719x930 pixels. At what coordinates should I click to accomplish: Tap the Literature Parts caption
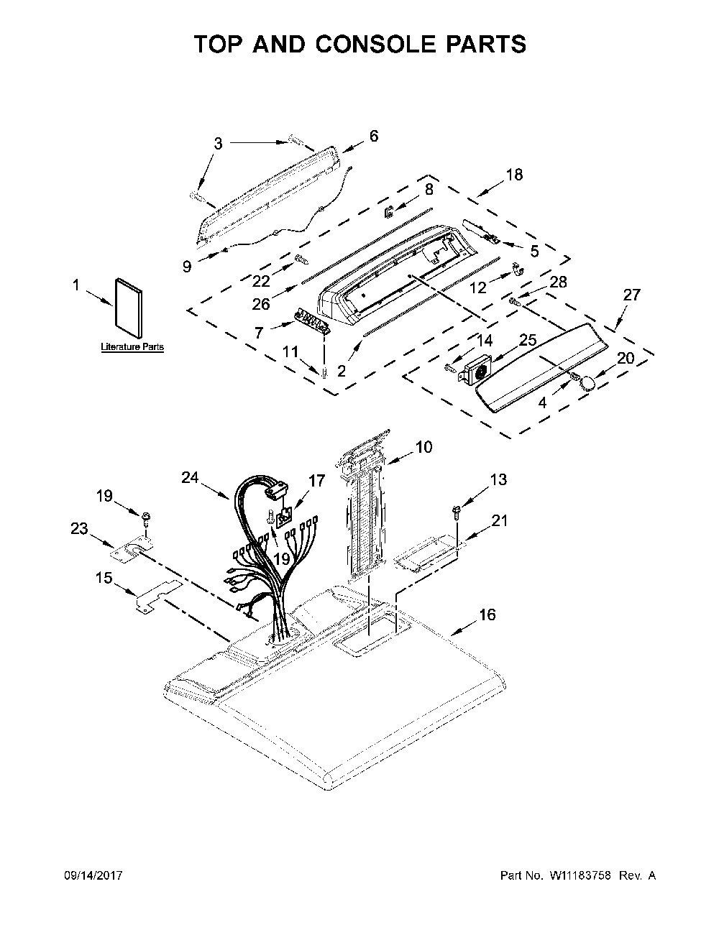(132, 346)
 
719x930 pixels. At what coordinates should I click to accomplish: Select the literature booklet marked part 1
(129, 308)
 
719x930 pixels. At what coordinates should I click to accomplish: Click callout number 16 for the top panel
(487, 615)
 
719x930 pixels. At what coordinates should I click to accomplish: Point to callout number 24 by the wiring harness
(190, 477)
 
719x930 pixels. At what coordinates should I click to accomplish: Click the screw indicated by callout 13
(456, 511)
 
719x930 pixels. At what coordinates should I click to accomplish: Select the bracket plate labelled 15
(159, 593)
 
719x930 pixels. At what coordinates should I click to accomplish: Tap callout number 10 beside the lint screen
(423, 447)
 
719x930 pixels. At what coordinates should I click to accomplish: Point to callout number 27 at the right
(631, 295)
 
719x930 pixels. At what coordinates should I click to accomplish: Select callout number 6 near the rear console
(374, 136)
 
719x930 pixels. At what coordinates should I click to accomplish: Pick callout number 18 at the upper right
(514, 175)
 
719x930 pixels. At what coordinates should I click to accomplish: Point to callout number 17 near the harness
(317, 481)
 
